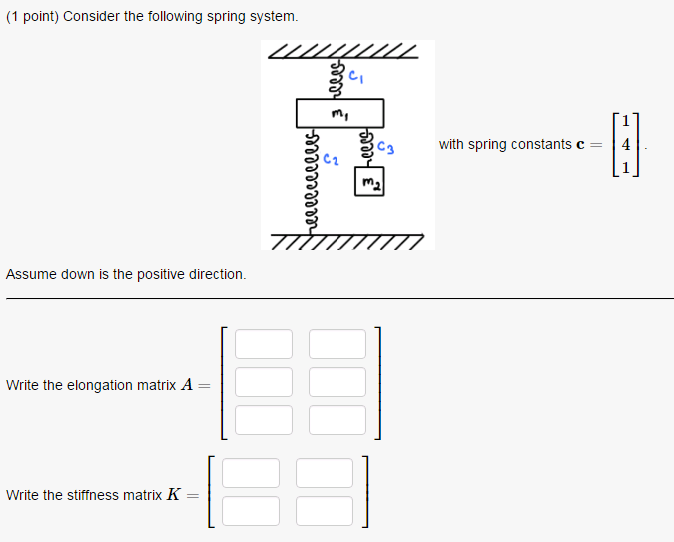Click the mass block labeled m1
pyautogui.click(x=339, y=112)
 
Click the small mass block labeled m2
pyautogui.click(x=369, y=184)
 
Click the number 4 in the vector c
pyautogui.click(x=626, y=145)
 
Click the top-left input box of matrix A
pyautogui.click(x=265, y=344)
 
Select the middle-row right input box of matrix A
pyautogui.click(x=337, y=382)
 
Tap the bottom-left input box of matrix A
pyautogui.click(x=265, y=420)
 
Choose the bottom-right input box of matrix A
pyautogui.click(x=337, y=420)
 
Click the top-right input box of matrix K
pyautogui.click(x=325, y=473)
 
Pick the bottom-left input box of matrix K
pyautogui.click(x=251, y=511)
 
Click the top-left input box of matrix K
pyautogui.click(x=251, y=473)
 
